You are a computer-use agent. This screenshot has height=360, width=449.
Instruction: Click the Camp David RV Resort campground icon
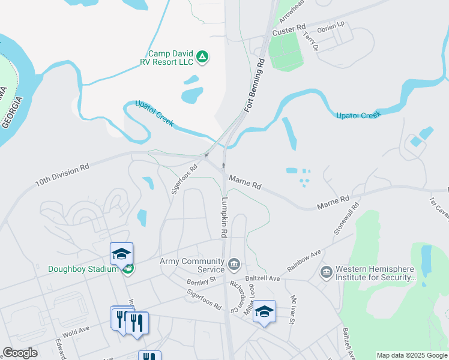click(x=203, y=57)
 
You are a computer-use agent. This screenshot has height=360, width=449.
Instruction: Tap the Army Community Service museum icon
click(x=234, y=262)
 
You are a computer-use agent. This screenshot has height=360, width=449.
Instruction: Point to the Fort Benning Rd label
click(x=255, y=86)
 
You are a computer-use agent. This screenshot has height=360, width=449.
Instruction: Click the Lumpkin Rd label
click(x=225, y=217)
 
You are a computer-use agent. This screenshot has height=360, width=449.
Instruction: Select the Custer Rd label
click(x=289, y=30)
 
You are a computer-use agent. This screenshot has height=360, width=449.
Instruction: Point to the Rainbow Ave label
click(x=304, y=260)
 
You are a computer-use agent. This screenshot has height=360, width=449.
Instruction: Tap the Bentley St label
click(x=200, y=280)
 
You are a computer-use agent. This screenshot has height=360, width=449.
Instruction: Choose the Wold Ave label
click(x=76, y=329)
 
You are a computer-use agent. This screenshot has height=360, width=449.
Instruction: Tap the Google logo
click(x=20, y=353)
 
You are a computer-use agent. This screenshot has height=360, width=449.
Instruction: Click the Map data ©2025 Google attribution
click(x=411, y=355)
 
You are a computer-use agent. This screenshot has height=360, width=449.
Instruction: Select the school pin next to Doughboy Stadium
click(x=121, y=253)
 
